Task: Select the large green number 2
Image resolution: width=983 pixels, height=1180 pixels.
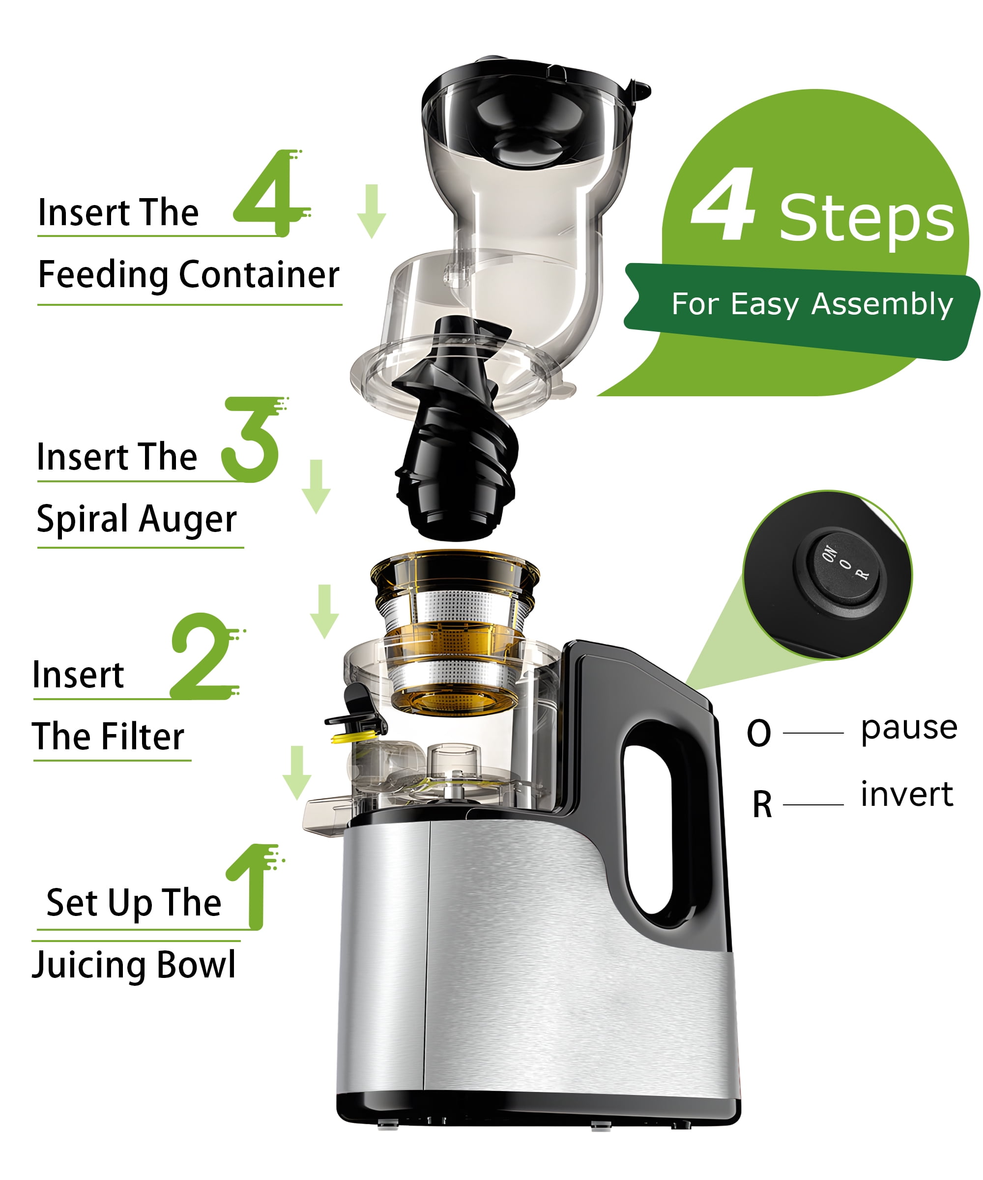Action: pos(205,656)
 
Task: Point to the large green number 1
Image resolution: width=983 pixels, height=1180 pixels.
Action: pos(254,886)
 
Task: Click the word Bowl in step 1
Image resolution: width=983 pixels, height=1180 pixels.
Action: pos(196,964)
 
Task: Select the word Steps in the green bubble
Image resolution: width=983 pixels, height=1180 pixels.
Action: pos(867,219)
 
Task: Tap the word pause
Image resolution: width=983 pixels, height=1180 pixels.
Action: pos(909,728)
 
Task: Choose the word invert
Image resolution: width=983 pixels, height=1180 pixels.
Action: pos(907,794)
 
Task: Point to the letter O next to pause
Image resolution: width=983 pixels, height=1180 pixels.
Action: pos(759,733)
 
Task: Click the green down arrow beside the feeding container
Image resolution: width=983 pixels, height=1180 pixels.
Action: pos(371,211)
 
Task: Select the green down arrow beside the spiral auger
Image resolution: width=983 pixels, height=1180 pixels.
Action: pos(316,487)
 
